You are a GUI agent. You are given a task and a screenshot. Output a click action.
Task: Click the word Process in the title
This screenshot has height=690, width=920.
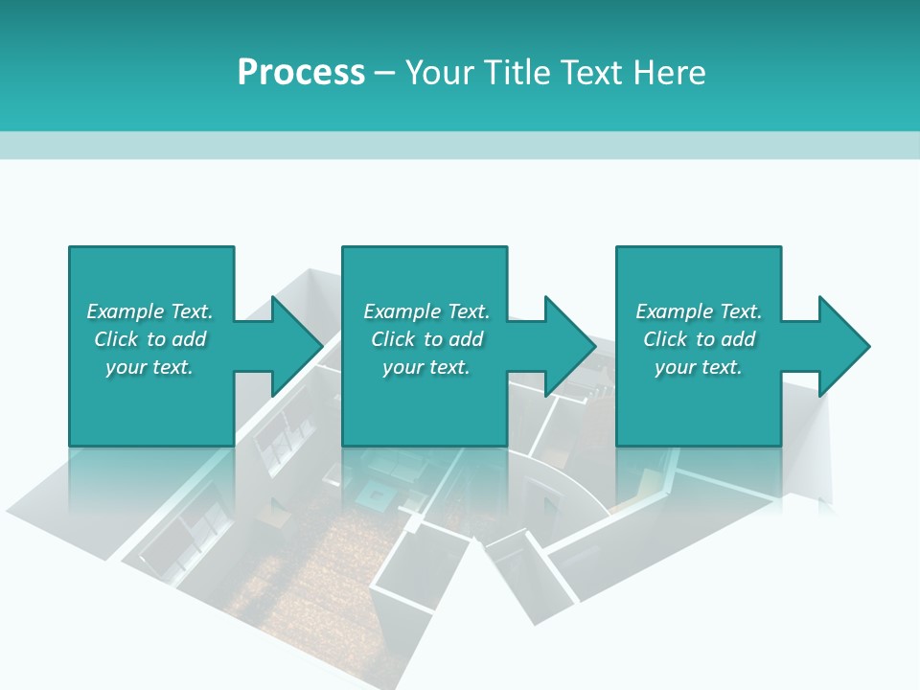point(301,73)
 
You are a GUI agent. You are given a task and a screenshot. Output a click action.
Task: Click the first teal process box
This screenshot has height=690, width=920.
point(150,402)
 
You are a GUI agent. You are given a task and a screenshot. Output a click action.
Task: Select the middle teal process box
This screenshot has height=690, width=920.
point(425,402)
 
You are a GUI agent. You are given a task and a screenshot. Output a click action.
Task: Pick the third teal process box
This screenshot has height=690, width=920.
point(698,402)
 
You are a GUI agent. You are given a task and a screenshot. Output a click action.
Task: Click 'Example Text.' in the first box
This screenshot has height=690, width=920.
point(149,311)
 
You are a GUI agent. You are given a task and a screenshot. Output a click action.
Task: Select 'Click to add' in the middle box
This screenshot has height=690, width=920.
point(426,339)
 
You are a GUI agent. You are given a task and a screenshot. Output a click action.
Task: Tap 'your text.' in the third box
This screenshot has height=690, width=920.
point(698,367)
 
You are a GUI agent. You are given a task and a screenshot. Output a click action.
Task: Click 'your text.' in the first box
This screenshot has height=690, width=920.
point(149,367)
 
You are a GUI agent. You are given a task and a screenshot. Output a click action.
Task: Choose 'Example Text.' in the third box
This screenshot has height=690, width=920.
point(698,311)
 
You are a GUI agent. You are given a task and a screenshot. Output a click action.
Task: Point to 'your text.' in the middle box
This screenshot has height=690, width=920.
point(426,367)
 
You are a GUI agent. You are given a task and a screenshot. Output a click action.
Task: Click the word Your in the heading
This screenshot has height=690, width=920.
point(437,73)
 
